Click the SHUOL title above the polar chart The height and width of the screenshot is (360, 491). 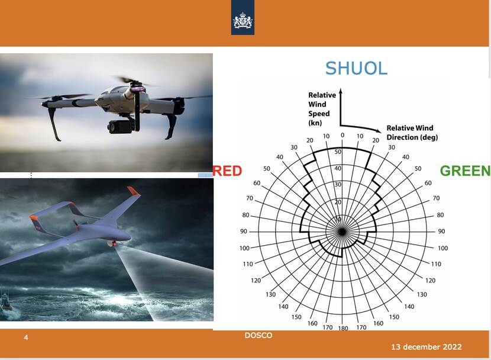point(356,68)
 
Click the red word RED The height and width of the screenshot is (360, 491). point(227,171)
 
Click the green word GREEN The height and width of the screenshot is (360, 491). point(466,171)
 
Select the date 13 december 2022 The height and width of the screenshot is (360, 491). point(426,347)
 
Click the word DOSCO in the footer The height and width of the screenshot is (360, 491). point(259,335)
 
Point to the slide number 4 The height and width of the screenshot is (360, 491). point(26,337)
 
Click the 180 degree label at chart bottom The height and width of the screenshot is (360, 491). point(343,328)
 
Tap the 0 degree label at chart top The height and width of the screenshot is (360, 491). point(343,135)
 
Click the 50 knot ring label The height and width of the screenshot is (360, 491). point(338,152)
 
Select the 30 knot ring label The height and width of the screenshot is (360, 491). point(338,184)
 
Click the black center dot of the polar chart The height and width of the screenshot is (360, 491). point(343,232)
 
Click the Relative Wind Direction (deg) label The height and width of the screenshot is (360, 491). point(412,133)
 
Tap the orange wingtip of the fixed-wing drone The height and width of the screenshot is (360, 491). point(133,191)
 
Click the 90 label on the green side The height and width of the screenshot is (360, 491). point(441,232)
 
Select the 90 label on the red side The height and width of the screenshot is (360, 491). point(244,232)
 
